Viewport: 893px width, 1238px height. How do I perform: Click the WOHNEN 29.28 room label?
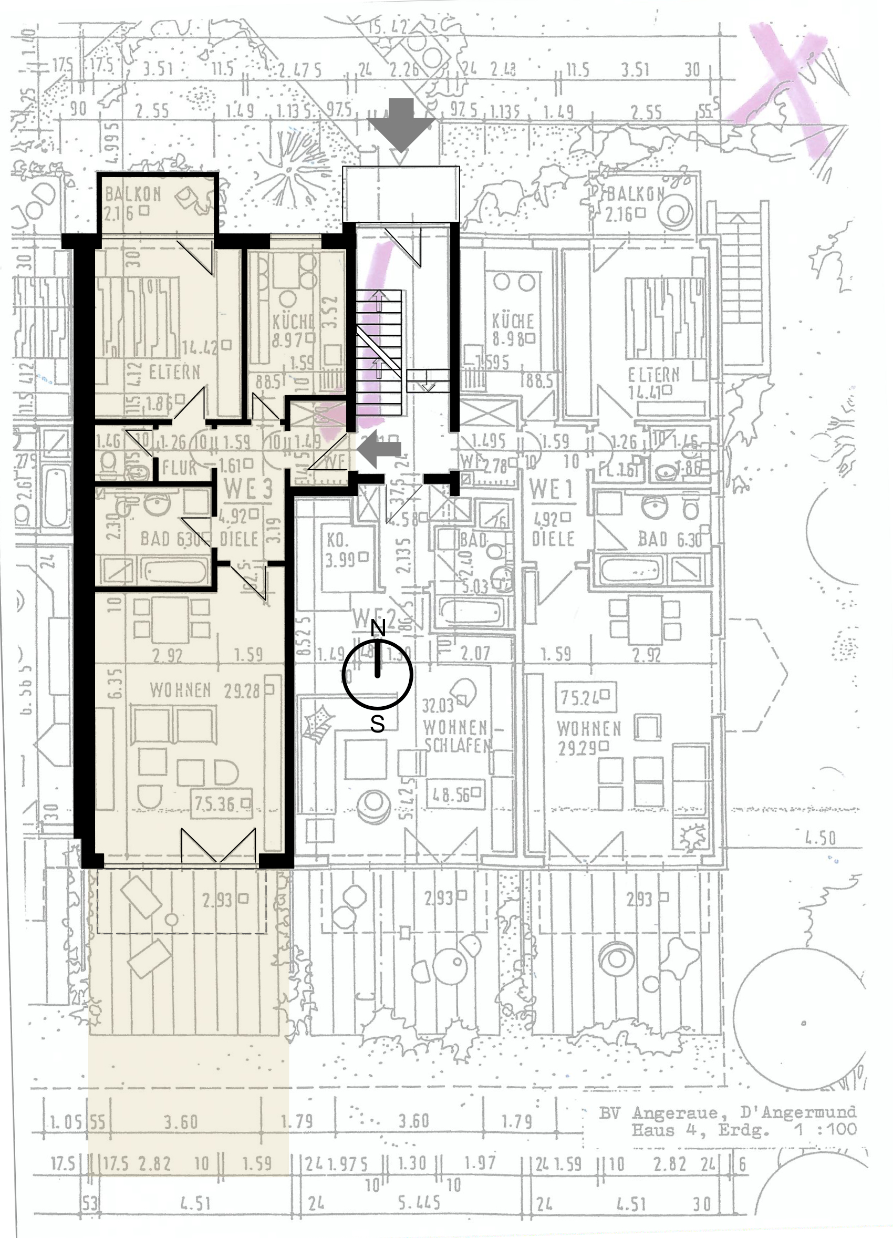pyautogui.click(x=204, y=690)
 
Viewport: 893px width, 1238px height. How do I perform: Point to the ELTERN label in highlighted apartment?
pyautogui.click(x=174, y=373)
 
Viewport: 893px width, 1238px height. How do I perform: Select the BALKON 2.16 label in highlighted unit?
pyautogui.click(x=131, y=203)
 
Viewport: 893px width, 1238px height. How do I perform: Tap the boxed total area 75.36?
pyautogui.click(x=222, y=803)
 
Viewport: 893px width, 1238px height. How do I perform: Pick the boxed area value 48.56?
pyautogui.click(x=454, y=795)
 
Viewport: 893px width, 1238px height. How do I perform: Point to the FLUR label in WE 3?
pyautogui.click(x=180, y=467)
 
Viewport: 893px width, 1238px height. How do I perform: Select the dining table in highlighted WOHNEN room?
pyautogui.click(x=171, y=620)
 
